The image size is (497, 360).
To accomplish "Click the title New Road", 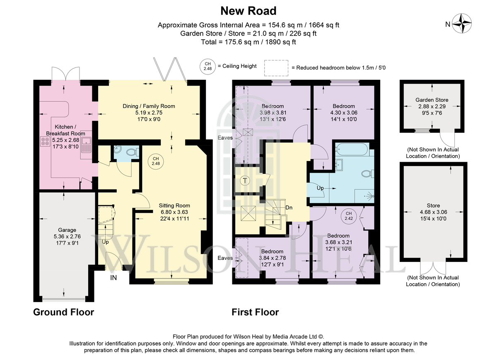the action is (x=248, y=11).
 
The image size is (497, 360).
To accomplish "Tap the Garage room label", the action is (x=67, y=230).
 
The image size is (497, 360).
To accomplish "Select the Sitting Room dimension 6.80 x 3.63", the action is (x=174, y=212).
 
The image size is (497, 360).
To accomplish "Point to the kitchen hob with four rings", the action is (x=45, y=142).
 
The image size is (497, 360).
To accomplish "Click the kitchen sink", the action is (x=86, y=145).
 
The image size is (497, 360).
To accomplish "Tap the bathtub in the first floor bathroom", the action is (x=352, y=150).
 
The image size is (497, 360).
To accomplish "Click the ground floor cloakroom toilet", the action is (x=133, y=152).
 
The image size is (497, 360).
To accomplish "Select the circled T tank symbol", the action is (x=245, y=180).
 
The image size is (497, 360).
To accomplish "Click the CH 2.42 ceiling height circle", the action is (x=349, y=216).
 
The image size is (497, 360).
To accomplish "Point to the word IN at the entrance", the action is (x=113, y=278).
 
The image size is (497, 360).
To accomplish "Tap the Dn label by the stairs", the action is (x=289, y=208).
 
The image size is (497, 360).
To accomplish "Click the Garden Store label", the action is (x=432, y=100).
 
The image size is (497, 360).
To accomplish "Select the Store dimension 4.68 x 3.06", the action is (x=433, y=212).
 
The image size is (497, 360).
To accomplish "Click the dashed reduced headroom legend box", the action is (x=276, y=68).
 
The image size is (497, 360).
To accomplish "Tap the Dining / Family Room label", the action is (x=149, y=106).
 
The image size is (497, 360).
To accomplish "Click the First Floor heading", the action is (x=255, y=312).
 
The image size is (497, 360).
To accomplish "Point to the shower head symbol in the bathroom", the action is (x=370, y=196).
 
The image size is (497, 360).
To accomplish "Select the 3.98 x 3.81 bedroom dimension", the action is (x=273, y=113).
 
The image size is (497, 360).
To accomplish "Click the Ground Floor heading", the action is (x=64, y=312).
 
